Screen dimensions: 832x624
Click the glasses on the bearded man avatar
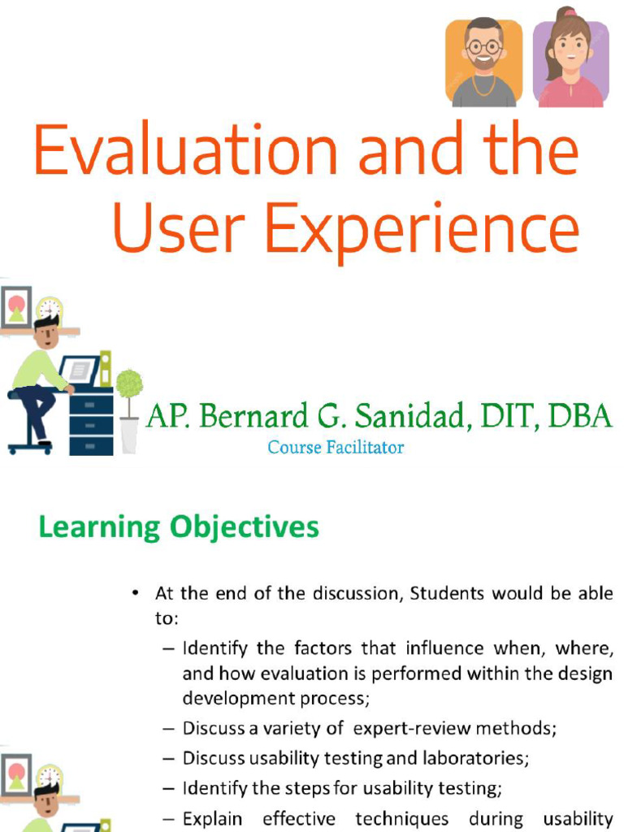coord(484,46)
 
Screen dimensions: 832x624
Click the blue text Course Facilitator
coord(336,447)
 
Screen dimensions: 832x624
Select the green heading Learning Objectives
coord(179,527)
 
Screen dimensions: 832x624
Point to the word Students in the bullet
coord(446,593)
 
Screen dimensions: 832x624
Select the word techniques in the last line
coord(401,818)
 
